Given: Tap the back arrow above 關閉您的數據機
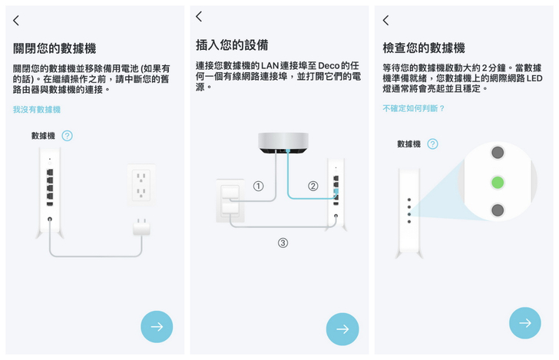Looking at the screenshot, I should pyautogui.click(x=16, y=21).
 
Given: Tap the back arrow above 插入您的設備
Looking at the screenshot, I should pyautogui.click(x=199, y=16).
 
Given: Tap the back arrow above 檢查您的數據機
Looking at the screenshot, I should pyautogui.click(x=385, y=21).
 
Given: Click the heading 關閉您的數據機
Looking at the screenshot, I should pyautogui.click(x=55, y=48).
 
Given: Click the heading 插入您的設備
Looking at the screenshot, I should pyautogui.click(x=232, y=45).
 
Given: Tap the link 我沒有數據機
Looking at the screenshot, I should pyautogui.click(x=37, y=110).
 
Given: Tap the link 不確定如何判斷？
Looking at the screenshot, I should pyautogui.click(x=414, y=108).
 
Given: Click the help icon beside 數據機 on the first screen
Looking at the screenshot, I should pyautogui.click(x=68, y=136).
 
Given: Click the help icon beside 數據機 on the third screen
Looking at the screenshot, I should pyautogui.click(x=433, y=144).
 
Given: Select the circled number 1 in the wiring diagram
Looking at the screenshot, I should pyautogui.click(x=259, y=186).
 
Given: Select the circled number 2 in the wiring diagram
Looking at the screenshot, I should pyautogui.click(x=313, y=186).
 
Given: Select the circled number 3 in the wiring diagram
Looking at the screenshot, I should pyautogui.click(x=283, y=243).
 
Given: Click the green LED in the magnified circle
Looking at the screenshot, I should pyautogui.click(x=498, y=182).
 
